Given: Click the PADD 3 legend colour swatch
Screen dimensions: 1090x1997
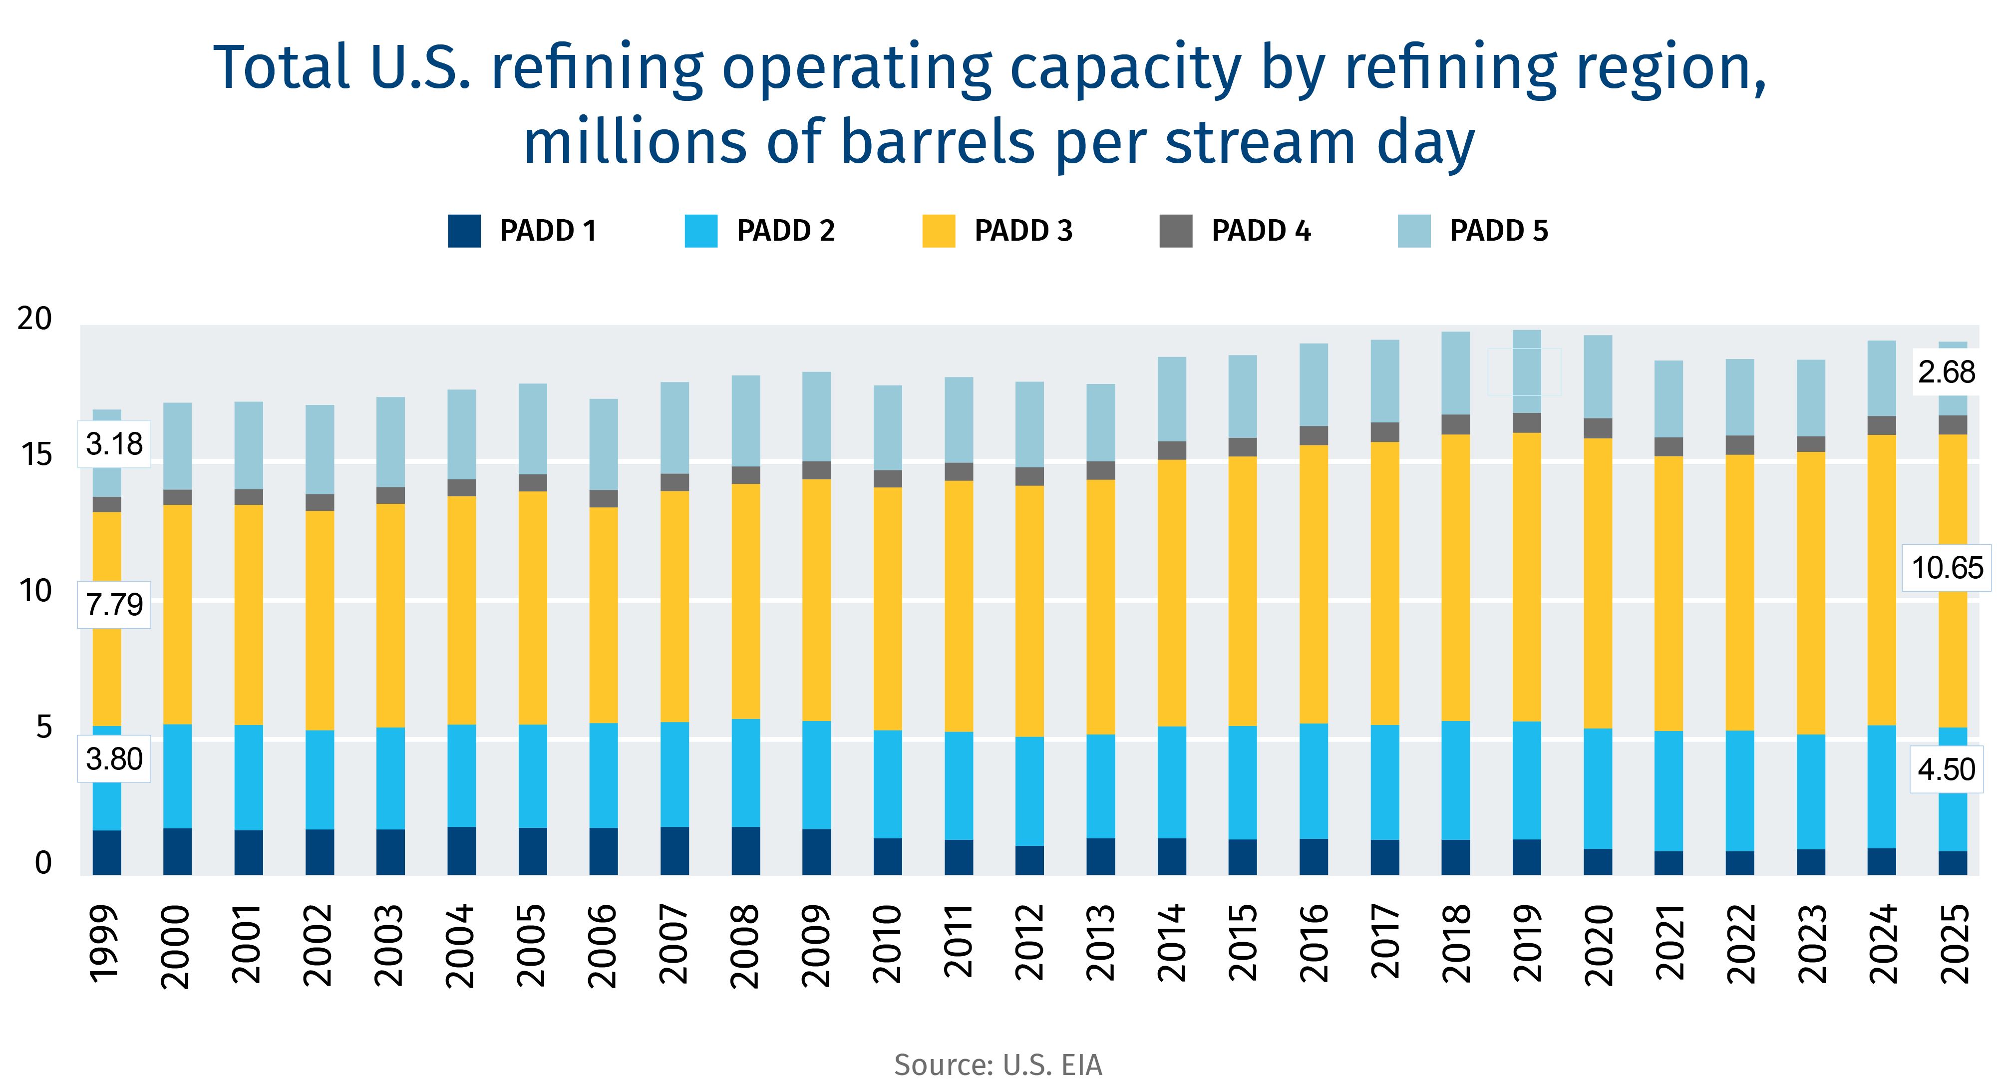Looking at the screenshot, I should click(938, 231).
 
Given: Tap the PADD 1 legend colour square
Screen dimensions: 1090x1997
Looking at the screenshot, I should click(464, 231).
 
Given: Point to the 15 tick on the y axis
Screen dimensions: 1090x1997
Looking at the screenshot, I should click(35, 455).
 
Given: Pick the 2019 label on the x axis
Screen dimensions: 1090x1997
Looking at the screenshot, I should click(1526, 944).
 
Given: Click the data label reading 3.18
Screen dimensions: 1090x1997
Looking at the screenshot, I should click(114, 444).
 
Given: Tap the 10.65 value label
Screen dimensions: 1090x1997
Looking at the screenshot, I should click(1947, 568).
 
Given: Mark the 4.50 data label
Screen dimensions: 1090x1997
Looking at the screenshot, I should click(1946, 770).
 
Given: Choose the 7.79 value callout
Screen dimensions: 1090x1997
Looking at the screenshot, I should click(114, 604).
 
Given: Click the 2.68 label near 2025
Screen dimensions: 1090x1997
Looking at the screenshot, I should click(1946, 373).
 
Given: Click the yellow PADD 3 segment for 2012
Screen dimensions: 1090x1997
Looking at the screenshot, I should click(1029, 611).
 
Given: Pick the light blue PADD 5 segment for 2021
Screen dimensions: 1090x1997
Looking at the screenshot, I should click(1668, 398).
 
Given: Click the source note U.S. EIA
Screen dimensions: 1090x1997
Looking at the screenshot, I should click(998, 1065).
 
